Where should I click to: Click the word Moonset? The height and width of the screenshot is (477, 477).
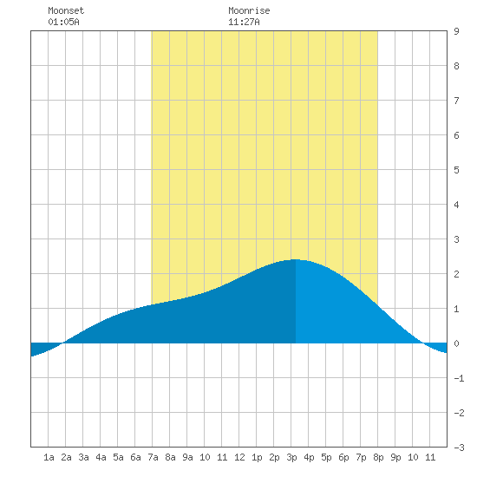66,10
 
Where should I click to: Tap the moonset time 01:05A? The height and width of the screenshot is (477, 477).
63,22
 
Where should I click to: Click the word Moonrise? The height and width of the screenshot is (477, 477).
249,10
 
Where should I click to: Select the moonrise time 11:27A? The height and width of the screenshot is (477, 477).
244,22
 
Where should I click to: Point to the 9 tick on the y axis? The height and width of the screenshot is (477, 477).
456,31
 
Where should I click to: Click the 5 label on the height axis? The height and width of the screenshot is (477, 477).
456,170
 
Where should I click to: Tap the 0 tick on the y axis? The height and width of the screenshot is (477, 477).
456,343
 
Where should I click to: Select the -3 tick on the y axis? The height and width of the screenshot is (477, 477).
459,448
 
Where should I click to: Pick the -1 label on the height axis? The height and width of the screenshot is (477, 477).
459,378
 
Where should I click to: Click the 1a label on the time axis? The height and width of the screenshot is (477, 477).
49,457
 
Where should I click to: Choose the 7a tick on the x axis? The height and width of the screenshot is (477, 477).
153,457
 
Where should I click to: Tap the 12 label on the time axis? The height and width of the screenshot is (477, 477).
239,457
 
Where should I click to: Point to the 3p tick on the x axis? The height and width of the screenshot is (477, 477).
291,457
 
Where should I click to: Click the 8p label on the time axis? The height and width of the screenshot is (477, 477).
378,457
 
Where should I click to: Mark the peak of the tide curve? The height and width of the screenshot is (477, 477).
295,259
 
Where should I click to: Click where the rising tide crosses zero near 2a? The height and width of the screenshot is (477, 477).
63,343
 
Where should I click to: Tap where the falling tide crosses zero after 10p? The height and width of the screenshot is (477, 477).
423,343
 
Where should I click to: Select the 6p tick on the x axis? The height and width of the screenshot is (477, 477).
343,457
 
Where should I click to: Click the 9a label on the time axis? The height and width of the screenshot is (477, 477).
187,457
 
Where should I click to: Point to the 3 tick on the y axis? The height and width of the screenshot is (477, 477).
456,239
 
